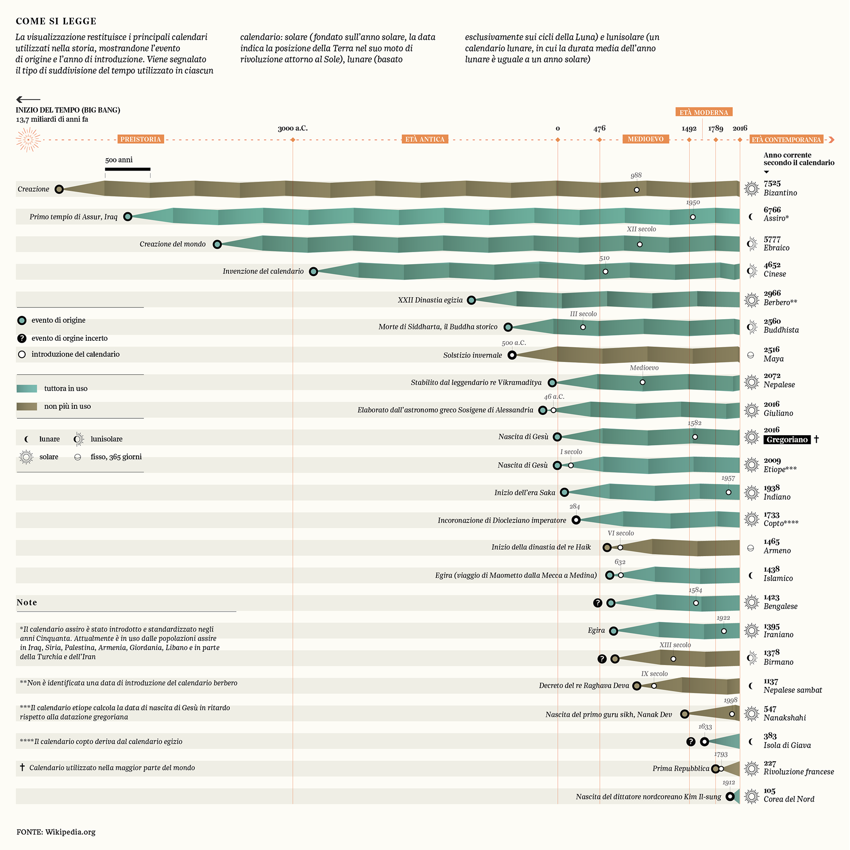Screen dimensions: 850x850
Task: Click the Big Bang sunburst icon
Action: [28, 140]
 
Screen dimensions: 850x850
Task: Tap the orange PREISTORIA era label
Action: [140, 139]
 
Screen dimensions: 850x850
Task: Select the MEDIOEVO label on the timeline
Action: [645, 139]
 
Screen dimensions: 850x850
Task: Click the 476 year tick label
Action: [599, 129]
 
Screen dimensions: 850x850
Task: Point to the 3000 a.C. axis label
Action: [293, 129]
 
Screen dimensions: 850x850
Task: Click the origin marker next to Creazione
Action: [59, 189]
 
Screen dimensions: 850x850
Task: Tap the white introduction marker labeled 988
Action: [637, 190]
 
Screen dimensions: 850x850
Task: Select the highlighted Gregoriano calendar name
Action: [787, 440]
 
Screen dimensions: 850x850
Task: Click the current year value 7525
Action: [772, 183]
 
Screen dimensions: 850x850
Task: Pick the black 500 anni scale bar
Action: [127, 169]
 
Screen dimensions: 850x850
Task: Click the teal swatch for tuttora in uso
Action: [27, 389]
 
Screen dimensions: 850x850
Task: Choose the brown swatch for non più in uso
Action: [27, 406]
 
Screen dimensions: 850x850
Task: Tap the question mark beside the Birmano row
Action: [602, 659]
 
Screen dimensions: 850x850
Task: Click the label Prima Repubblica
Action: [680, 768]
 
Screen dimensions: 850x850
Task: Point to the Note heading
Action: [27, 602]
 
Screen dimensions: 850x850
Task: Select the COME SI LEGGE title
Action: [56, 21]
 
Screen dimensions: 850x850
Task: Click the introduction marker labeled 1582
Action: [695, 437]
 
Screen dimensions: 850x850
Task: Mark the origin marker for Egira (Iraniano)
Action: [614, 631]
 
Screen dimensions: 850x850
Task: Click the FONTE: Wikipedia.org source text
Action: [56, 832]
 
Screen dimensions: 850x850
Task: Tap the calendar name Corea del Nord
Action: [789, 799]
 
